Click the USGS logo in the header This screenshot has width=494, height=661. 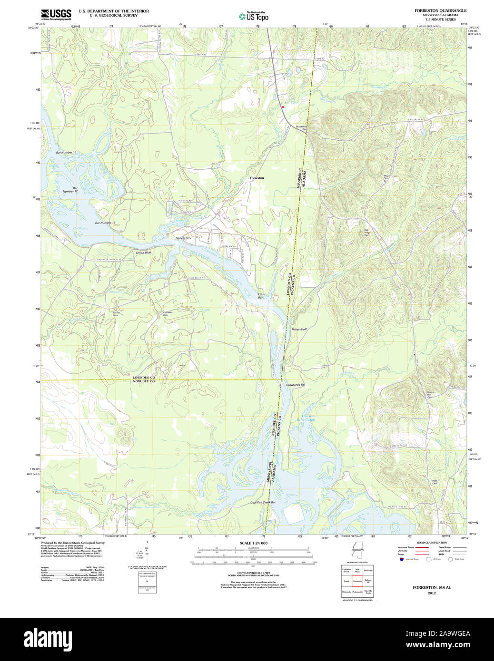pos(56,14)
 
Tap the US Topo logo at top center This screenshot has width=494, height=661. pos(254,17)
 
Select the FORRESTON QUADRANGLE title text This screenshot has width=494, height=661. pos(440,10)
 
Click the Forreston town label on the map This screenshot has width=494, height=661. pos(257,178)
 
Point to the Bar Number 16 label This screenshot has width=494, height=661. pos(66,153)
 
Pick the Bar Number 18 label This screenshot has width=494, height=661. pos(105,223)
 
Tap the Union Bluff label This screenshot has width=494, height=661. pos(143,253)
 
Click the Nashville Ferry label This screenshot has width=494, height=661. pos(183,238)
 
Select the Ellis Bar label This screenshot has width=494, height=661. pos(260,296)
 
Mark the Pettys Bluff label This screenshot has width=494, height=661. pos(299,329)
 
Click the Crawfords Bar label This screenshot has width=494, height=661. pos(296,385)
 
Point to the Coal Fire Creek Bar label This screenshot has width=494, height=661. pos(263,502)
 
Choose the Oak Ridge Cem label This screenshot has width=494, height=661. pos(367,232)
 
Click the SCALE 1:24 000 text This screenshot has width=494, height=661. pos(253,543)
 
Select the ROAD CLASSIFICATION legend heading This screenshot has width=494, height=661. pos(432,543)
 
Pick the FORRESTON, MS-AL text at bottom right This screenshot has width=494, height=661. pos(431,587)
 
